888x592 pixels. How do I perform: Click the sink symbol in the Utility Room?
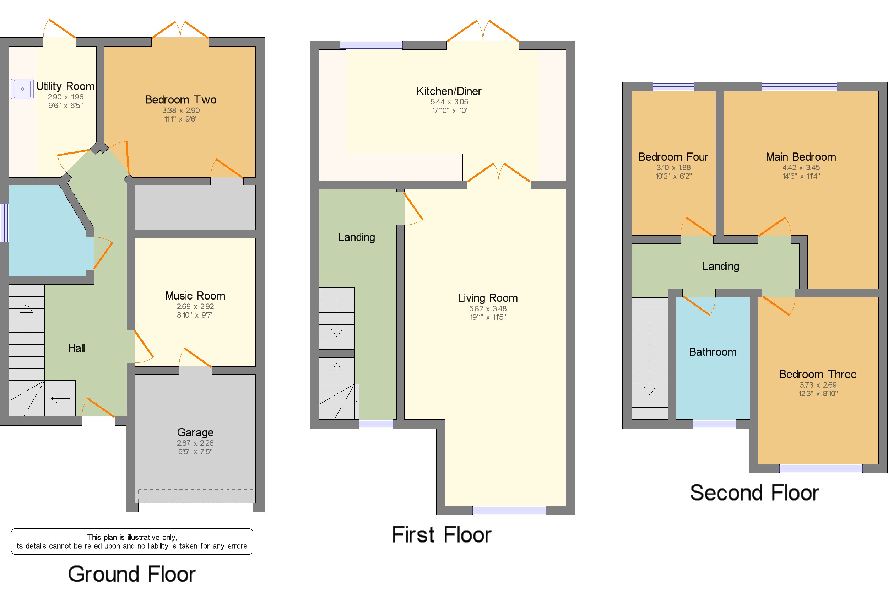click(x=22, y=89)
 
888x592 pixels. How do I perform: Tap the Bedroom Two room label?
click(x=180, y=99)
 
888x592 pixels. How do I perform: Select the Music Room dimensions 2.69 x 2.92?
click(x=195, y=306)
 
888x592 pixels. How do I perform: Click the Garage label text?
click(x=195, y=432)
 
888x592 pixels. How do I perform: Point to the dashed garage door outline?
click(x=195, y=496)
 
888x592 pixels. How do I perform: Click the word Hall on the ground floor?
click(x=76, y=348)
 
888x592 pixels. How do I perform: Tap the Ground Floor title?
click(x=131, y=574)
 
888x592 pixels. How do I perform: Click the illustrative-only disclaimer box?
click(x=132, y=542)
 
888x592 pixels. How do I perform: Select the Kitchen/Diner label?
click(x=449, y=91)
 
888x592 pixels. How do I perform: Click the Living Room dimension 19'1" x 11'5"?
click(x=488, y=317)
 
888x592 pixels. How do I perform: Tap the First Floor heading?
click(x=442, y=534)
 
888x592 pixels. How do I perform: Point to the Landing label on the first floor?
click(x=356, y=237)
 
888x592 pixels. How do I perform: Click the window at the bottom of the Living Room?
click(x=509, y=510)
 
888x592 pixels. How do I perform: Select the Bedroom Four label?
click(x=673, y=157)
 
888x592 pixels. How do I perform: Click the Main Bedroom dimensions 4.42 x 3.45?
click(x=801, y=167)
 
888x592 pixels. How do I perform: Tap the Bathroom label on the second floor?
click(x=713, y=352)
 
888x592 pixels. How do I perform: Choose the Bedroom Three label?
click(x=817, y=374)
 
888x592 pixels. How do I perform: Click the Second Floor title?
click(x=754, y=493)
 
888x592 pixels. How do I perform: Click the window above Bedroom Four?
click(x=673, y=86)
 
